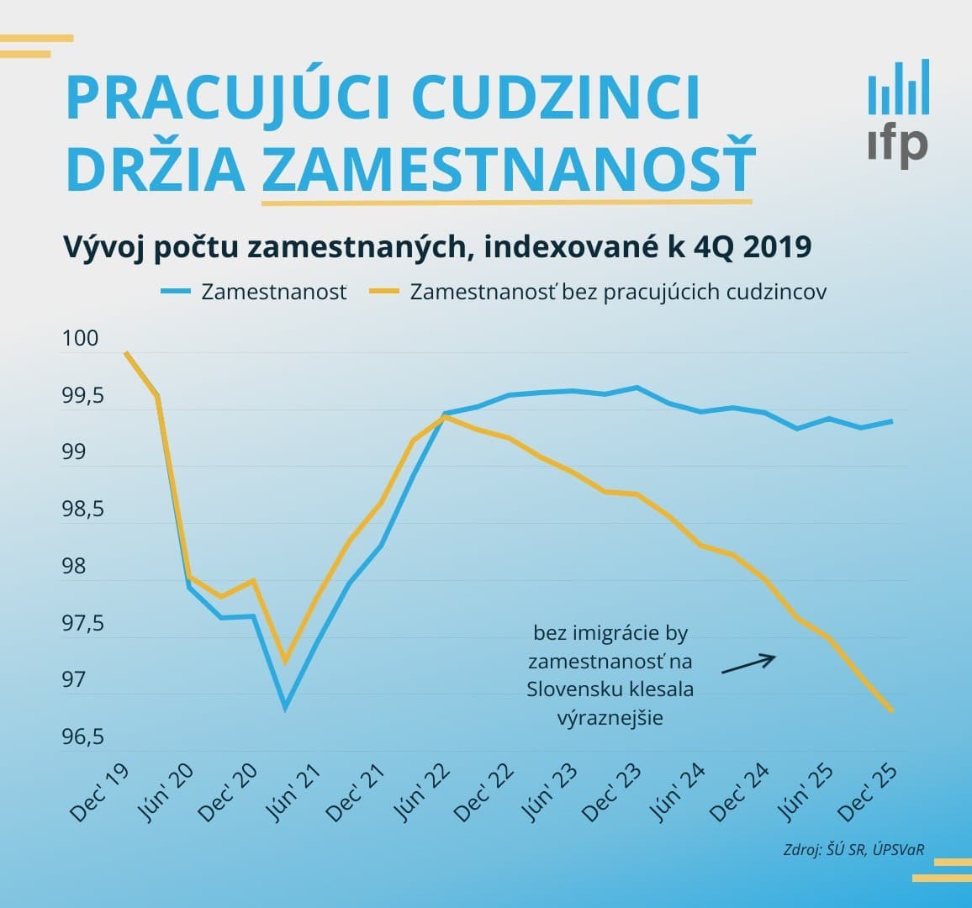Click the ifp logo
(898, 113)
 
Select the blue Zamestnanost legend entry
(254, 292)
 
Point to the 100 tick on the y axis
(80, 339)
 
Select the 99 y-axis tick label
(74, 452)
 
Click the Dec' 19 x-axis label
(99, 794)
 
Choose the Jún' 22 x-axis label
(420, 794)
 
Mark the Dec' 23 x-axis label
(613, 794)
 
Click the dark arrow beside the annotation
(748, 664)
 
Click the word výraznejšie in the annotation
(610, 718)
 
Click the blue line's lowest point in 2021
(286, 709)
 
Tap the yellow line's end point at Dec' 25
(891, 710)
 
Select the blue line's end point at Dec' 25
(891, 421)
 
